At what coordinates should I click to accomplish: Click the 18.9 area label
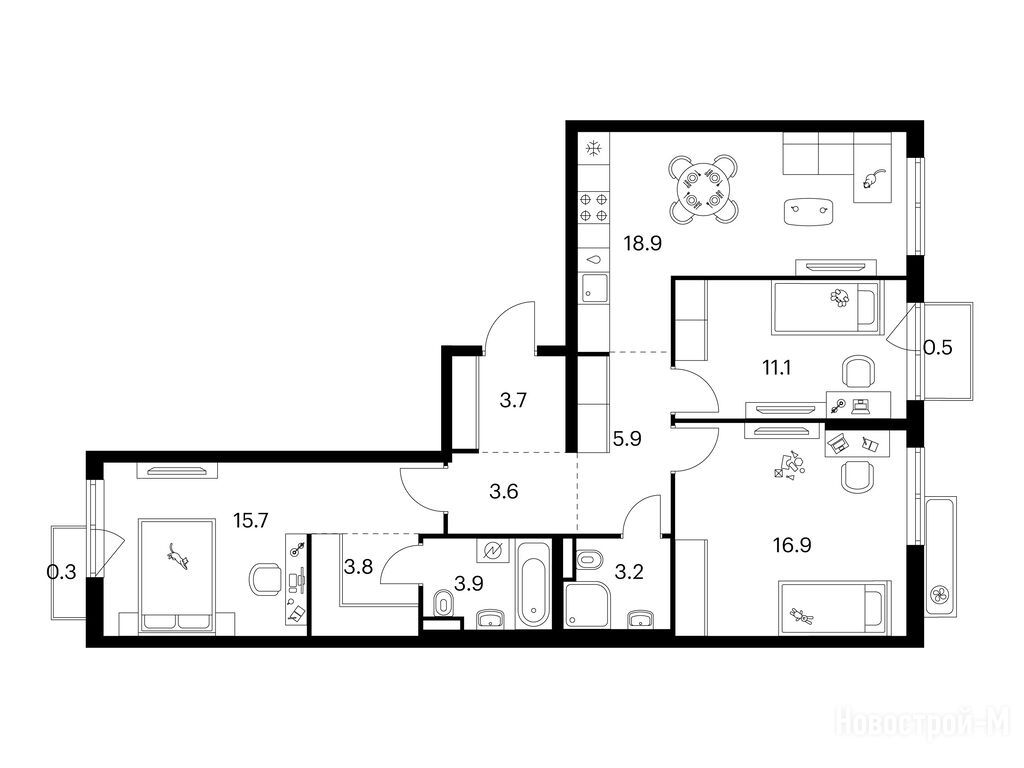(643, 244)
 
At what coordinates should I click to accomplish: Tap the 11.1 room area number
(777, 368)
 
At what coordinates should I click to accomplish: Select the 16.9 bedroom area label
(792, 545)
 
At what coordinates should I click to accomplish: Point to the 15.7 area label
(251, 520)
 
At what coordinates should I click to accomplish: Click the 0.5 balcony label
(937, 347)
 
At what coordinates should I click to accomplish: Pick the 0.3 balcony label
(61, 572)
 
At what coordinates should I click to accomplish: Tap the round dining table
(704, 189)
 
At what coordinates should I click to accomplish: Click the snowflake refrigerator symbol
(594, 150)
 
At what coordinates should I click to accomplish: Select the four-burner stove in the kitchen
(594, 207)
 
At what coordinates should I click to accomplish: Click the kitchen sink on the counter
(594, 287)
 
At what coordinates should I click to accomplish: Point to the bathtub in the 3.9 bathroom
(534, 583)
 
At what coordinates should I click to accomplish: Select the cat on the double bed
(177, 555)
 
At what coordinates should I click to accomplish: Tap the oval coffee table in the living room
(809, 211)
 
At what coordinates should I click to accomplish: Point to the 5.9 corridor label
(627, 439)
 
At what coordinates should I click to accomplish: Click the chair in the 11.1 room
(857, 371)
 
